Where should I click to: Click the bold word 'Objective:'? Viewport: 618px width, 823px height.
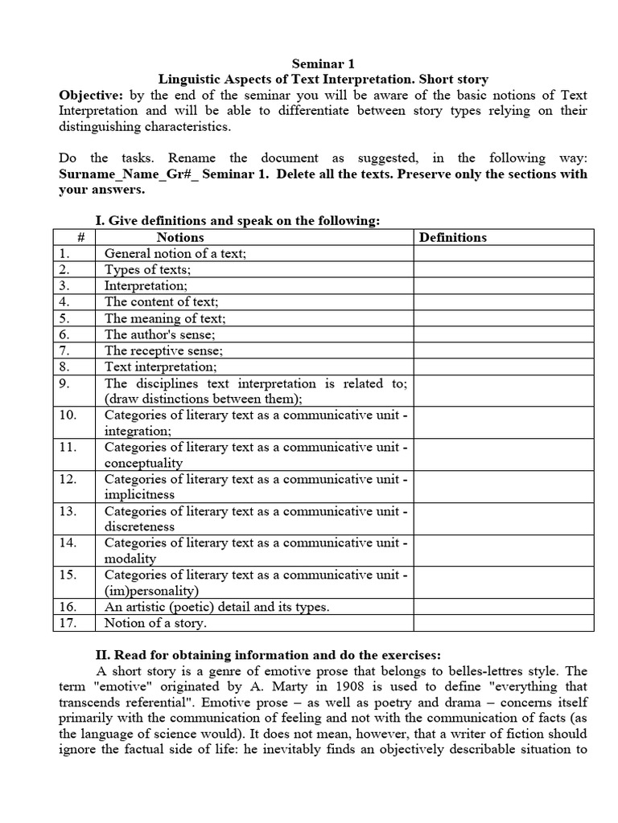89,95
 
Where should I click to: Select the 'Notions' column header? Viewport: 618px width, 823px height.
180,237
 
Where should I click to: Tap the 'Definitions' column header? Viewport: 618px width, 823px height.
453,237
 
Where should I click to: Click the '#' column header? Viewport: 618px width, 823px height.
74,237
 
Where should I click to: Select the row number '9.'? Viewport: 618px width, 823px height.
66,383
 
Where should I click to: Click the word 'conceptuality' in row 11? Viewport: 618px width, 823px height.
143,463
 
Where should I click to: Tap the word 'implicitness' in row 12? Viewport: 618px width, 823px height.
139,495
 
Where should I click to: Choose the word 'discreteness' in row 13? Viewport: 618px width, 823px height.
139,526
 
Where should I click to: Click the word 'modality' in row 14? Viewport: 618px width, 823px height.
130,559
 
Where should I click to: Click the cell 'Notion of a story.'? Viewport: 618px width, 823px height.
155,623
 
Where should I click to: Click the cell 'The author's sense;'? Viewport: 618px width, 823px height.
159,334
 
